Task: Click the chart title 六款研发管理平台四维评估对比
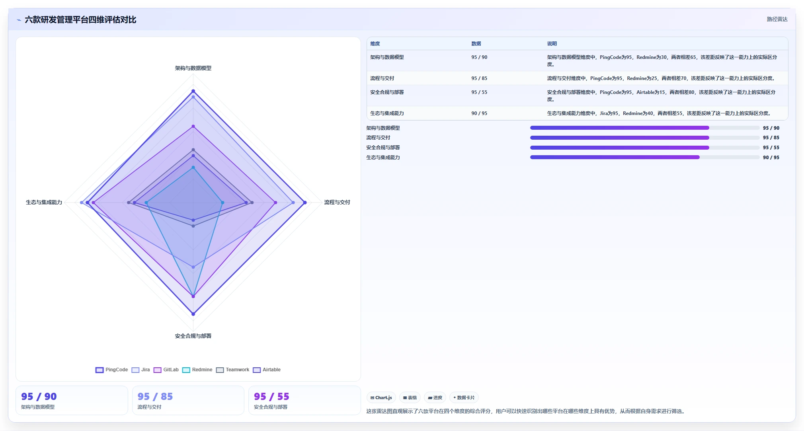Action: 80,20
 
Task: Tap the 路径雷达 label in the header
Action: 777,19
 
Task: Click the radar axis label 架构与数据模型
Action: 193,68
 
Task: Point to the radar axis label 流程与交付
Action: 337,202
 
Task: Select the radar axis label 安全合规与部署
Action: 193,336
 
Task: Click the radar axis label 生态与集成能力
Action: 44,202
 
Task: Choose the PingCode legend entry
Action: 112,370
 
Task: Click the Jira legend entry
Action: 141,370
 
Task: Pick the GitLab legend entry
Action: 166,370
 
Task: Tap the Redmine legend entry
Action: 197,370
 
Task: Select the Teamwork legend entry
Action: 233,370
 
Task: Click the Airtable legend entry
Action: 267,370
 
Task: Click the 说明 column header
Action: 552,44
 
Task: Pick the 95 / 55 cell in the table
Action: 479,92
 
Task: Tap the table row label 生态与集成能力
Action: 387,113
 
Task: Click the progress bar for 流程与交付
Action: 645,138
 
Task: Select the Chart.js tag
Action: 381,398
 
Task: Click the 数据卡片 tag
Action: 464,398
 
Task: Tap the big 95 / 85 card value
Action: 155,396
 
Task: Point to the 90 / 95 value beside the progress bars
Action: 771,158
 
